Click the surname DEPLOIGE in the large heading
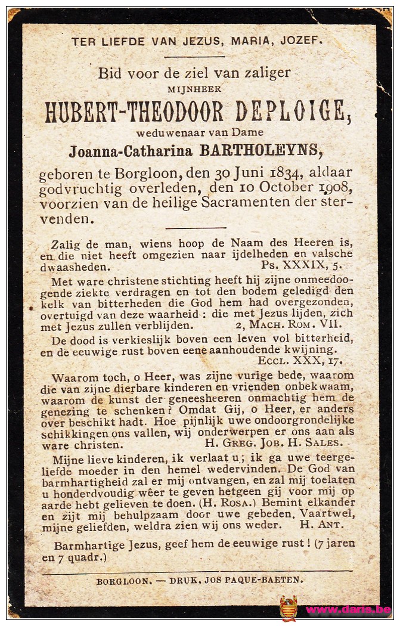[290, 111]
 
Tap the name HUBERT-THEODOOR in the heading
[135, 111]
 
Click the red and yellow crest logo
[289, 609]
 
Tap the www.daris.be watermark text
[349, 610]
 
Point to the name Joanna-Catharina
[131, 151]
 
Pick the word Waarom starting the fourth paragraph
[72, 377]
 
